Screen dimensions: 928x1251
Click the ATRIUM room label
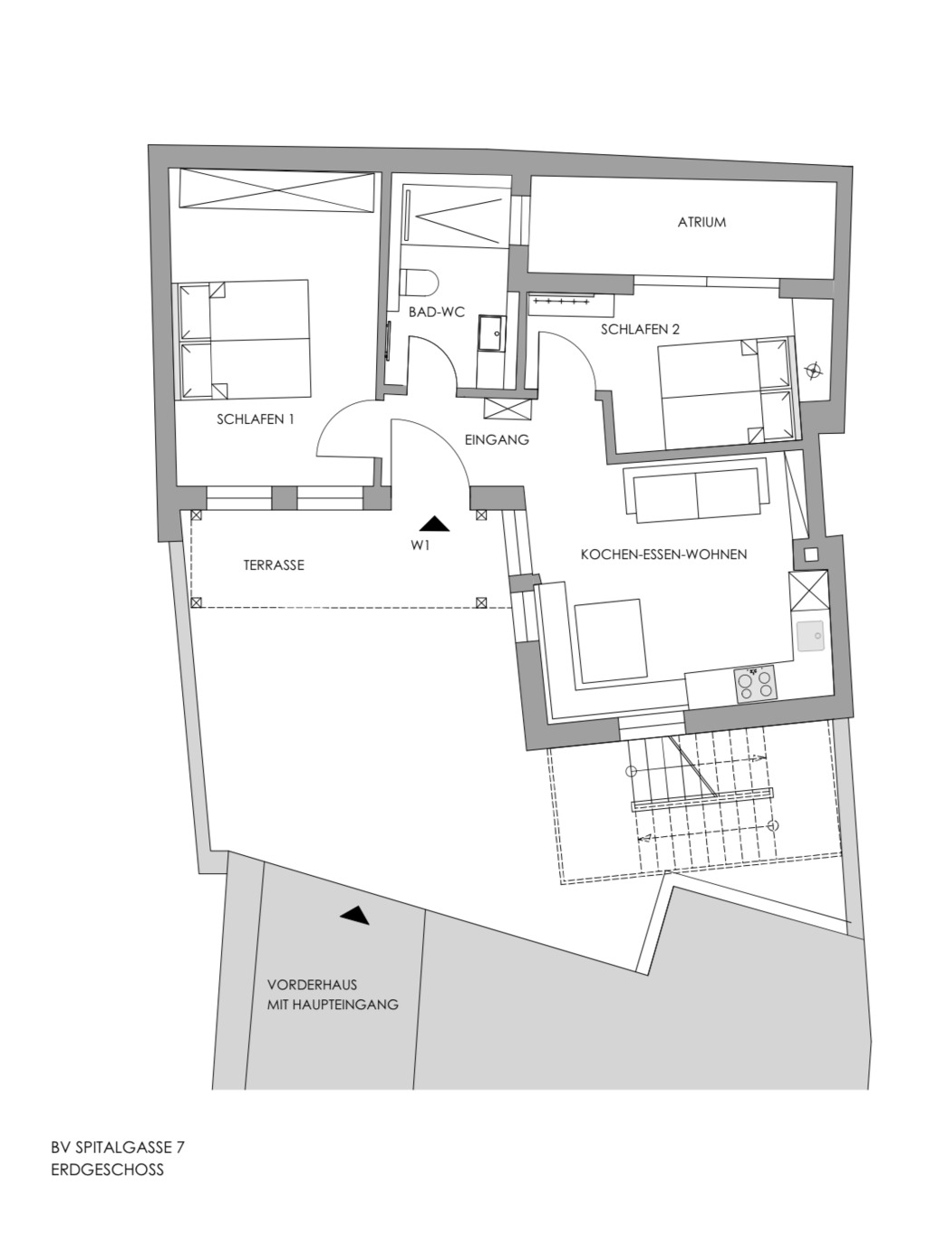(x=701, y=222)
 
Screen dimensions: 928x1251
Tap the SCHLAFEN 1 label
(x=256, y=419)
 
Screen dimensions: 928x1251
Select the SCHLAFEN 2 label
(x=640, y=330)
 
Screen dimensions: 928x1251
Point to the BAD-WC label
(x=436, y=312)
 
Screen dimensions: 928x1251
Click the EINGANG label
(x=497, y=439)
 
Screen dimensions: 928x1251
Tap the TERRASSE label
(x=274, y=564)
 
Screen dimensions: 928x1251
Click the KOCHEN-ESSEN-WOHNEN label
(x=663, y=554)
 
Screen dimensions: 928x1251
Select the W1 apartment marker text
(x=420, y=544)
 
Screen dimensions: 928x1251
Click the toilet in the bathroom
(x=419, y=284)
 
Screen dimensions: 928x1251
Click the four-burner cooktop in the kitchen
(x=755, y=684)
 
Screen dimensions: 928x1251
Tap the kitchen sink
(x=811, y=636)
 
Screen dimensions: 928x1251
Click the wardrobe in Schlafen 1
(x=276, y=190)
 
